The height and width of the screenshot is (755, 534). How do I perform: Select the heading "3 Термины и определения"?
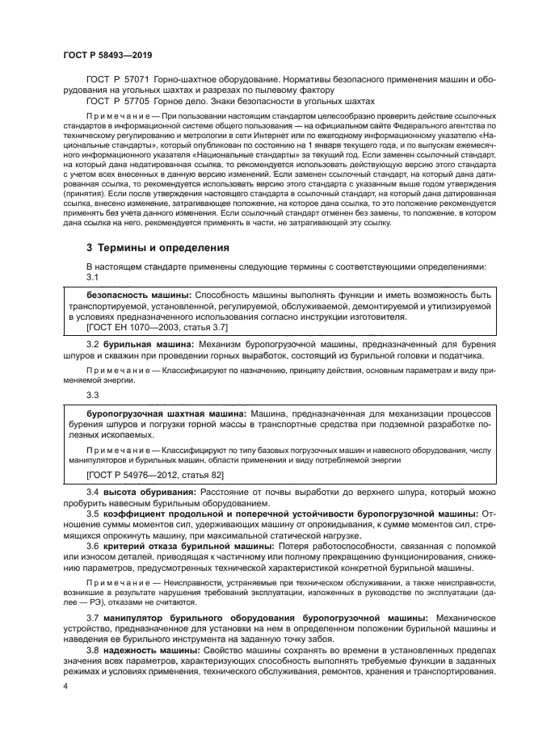tap(158, 247)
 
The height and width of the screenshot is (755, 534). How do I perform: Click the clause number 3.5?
tap(92, 514)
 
